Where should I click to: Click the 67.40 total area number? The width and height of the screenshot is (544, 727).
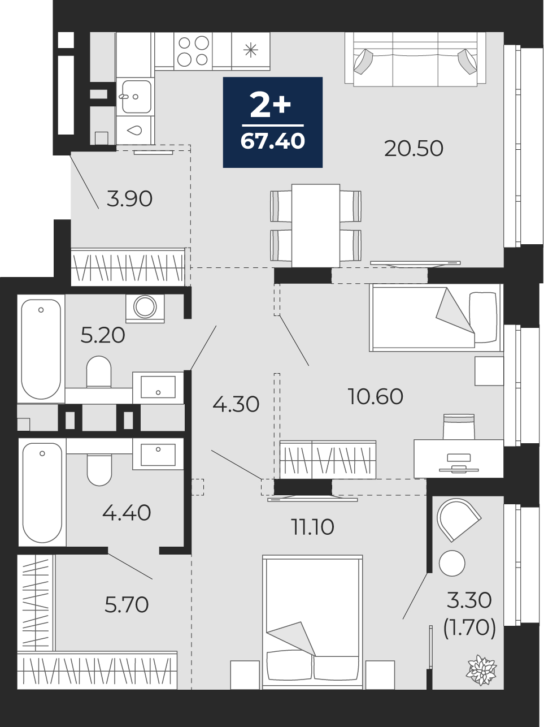point(273,141)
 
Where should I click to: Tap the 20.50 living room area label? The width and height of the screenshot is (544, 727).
point(414,148)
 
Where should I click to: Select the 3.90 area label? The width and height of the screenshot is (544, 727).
point(129,199)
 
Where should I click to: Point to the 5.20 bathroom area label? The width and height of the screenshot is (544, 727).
point(103,335)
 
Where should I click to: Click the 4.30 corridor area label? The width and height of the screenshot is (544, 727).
point(236,404)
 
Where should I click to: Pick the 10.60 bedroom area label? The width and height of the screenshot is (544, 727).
point(376,396)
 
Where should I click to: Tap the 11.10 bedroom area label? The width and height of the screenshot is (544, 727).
point(313,527)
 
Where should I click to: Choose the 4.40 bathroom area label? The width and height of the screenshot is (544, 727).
point(127,513)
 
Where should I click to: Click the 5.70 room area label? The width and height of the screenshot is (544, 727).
point(127,605)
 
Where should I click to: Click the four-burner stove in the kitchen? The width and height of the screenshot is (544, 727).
point(193,51)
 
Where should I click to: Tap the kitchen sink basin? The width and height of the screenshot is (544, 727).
point(136,97)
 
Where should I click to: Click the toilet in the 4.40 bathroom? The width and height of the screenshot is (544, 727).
point(99,470)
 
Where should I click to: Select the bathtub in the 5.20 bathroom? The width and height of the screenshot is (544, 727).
point(41,349)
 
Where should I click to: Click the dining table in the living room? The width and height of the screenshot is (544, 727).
point(316,226)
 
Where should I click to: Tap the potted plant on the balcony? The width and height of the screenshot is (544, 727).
point(481,670)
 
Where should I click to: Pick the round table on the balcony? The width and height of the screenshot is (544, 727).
point(452,563)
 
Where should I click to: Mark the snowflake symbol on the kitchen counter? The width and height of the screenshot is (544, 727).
point(250,50)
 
